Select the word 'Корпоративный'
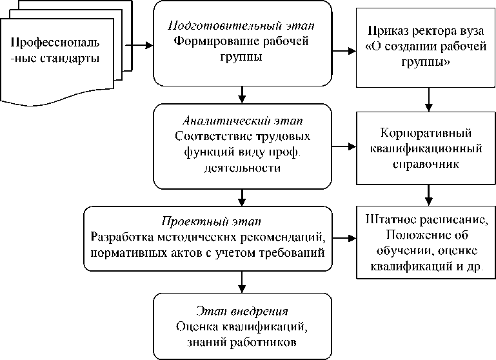point(426,134)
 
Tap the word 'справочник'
point(426,164)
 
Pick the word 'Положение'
point(398,235)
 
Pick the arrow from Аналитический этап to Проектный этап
point(241,196)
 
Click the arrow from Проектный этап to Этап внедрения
point(241,282)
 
